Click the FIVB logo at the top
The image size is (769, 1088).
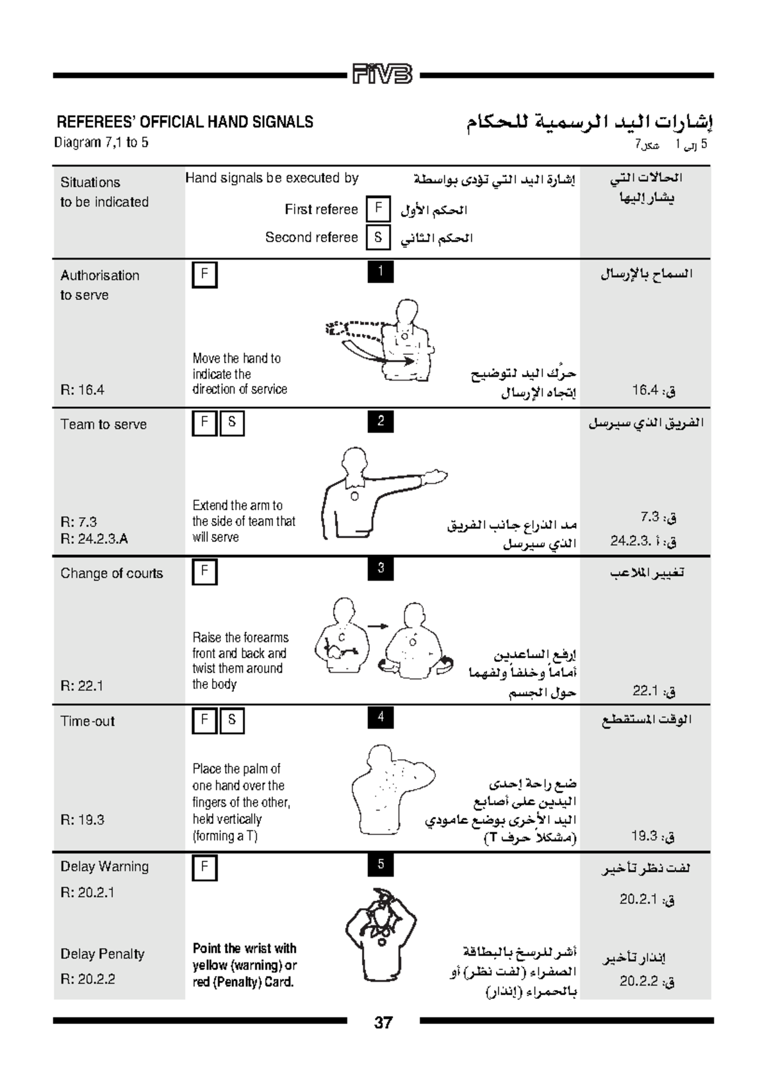[383, 74]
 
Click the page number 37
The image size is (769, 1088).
[383, 1023]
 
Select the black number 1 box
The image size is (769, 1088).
[380, 272]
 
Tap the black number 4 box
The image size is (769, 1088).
[380, 717]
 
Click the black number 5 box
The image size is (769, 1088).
[380, 864]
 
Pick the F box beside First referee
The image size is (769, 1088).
[378, 209]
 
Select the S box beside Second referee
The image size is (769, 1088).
[378, 237]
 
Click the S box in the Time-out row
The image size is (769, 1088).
[232, 720]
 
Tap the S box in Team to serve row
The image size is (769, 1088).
[232, 422]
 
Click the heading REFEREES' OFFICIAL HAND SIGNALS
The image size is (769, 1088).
[185, 122]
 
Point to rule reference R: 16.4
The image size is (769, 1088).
[82, 390]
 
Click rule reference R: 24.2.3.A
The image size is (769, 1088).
[94, 538]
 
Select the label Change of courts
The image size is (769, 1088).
[112, 573]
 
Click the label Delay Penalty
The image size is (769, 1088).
[103, 953]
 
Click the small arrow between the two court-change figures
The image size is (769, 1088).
[378, 626]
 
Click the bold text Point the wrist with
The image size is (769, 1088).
[244, 948]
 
